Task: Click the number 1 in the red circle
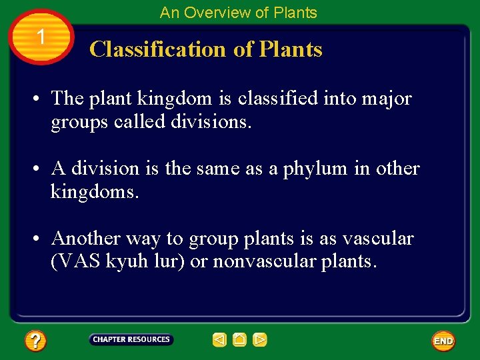41,37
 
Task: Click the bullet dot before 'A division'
33,169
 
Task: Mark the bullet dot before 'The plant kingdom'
33,99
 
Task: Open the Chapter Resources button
131,339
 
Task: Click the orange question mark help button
35,341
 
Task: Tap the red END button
443,341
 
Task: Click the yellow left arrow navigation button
219,340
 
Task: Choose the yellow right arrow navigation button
260,340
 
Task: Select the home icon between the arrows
240,340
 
